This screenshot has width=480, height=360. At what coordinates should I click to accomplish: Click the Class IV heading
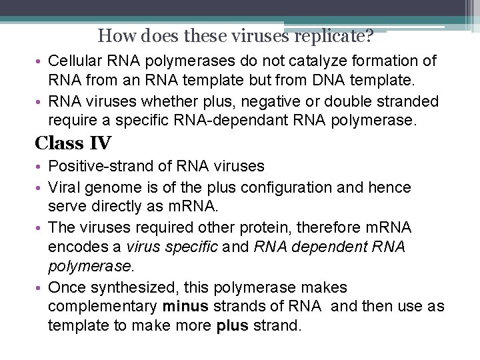coord(73,143)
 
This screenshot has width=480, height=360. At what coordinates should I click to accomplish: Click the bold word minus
coord(185,307)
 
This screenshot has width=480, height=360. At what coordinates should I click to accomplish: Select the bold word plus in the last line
coord(233,327)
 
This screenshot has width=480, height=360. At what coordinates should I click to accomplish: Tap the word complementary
coord(103,307)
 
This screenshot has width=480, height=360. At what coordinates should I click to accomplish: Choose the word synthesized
coord(131,288)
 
